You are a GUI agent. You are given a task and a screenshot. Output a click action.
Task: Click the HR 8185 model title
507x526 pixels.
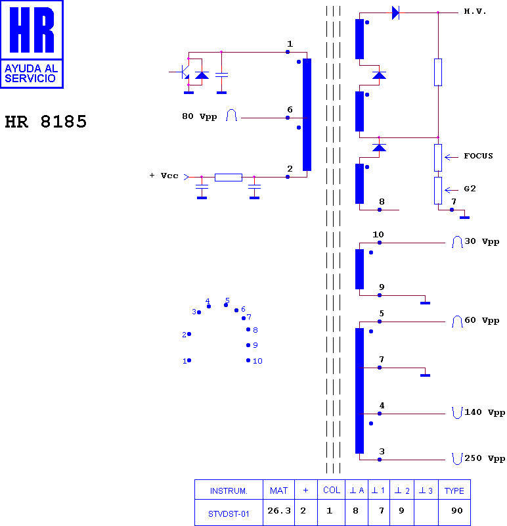pyautogui.click(x=45, y=122)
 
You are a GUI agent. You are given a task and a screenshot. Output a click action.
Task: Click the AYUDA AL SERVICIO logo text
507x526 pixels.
pyautogui.click(x=31, y=74)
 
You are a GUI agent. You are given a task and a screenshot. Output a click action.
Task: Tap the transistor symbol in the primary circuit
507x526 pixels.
pyautogui.click(x=183, y=72)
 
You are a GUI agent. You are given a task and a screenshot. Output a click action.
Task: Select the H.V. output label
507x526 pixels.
pyautogui.click(x=475, y=11)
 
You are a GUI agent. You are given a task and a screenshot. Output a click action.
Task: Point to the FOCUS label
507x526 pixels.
pyautogui.click(x=478, y=156)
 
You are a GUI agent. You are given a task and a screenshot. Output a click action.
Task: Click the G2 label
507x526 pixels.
pyautogui.click(x=470, y=189)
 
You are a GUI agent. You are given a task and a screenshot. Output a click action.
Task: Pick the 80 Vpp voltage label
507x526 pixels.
pyautogui.click(x=200, y=116)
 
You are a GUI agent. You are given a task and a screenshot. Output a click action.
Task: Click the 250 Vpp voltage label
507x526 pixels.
pyautogui.click(x=485, y=458)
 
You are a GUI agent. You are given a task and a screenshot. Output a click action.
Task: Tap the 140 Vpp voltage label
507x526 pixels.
pyautogui.click(x=485, y=412)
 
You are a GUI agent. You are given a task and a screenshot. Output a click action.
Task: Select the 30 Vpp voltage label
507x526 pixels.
pyautogui.click(x=482, y=241)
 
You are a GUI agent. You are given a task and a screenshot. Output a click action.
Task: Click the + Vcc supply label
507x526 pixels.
pyautogui.click(x=164, y=176)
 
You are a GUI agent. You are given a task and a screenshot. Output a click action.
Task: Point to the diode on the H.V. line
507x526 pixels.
pyautogui.click(x=396, y=12)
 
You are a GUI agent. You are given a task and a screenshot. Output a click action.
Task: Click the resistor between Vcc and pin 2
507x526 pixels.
pyautogui.click(x=229, y=178)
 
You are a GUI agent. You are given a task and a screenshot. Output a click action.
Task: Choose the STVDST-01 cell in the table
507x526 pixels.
pyautogui.click(x=229, y=514)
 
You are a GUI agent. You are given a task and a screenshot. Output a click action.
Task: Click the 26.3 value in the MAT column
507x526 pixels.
pyautogui.click(x=279, y=511)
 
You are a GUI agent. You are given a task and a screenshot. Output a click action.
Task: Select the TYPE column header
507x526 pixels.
pyautogui.click(x=454, y=490)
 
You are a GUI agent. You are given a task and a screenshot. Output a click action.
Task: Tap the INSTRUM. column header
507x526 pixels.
pyautogui.click(x=229, y=491)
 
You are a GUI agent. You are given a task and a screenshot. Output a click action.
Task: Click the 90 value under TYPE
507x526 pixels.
pyautogui.click(x=456, y=511)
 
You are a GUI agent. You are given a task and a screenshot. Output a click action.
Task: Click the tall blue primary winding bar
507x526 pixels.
pyautogui.click(x=307, y=114)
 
